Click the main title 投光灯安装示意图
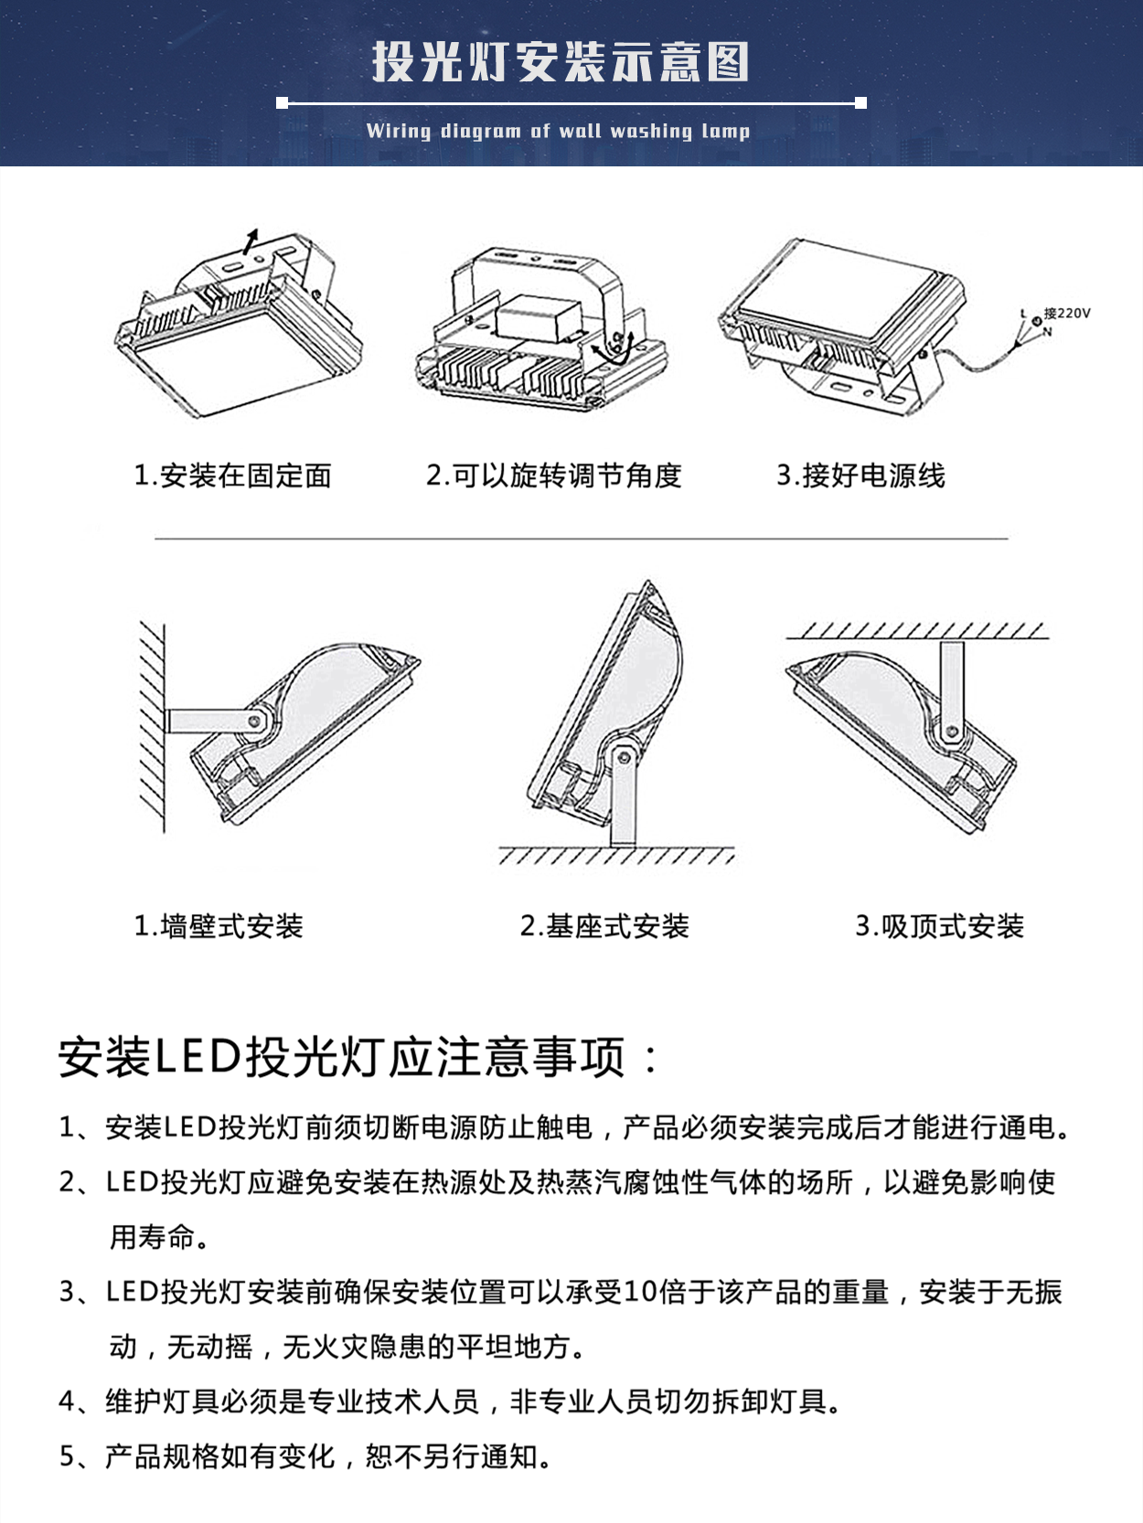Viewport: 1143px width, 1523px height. (560, 62)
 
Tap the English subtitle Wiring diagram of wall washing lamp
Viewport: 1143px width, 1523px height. (558, 131)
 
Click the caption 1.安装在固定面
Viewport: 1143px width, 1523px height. (232, 475)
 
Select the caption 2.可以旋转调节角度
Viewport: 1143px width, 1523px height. (554, 475)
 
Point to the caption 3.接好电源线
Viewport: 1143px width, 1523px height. (860, 475)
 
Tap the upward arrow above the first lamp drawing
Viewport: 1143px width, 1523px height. (250, 240)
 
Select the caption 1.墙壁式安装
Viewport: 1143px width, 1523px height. (219, 926)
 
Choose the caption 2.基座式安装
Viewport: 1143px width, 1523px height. (604, 926)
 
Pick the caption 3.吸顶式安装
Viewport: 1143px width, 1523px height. (939, 926)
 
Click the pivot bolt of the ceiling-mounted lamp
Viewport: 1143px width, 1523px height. (952, 731)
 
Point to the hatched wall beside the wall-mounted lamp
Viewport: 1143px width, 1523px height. (152, 727)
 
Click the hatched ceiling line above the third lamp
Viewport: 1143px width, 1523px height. (917, 631)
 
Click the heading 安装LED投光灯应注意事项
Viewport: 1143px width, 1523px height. (357, 1057)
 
